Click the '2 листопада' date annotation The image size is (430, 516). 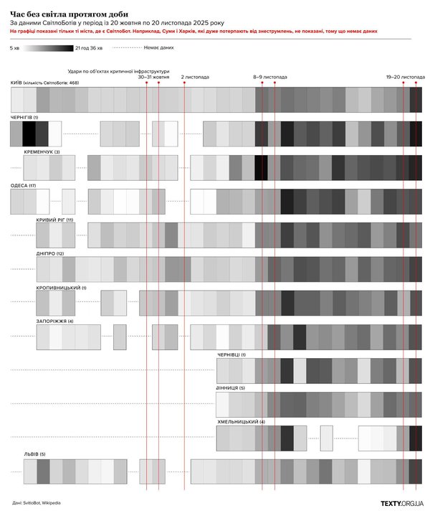pos(195,76)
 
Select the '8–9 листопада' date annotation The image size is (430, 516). pos(270,76)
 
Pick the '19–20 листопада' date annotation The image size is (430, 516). pos(405,76)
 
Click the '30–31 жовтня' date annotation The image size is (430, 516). pos(153,77)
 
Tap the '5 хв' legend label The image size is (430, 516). pos(15,48)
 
